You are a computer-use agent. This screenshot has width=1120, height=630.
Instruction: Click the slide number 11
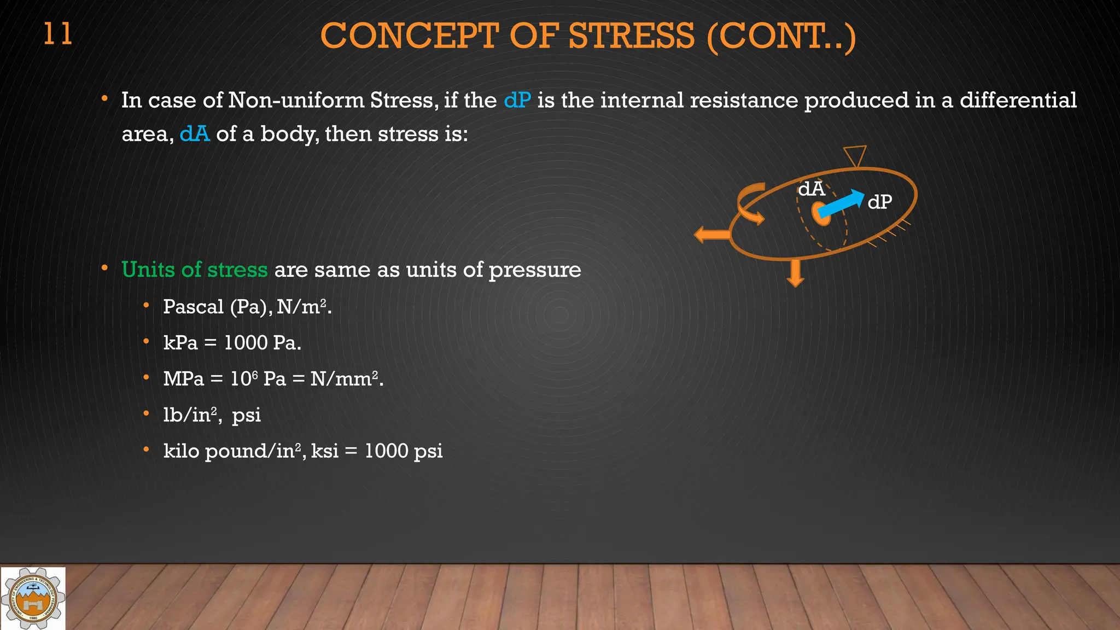(x=57, y=34)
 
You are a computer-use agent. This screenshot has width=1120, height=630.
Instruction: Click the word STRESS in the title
(x=632, y=36)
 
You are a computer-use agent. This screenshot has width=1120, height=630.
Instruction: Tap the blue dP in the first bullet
(x=517, y=101)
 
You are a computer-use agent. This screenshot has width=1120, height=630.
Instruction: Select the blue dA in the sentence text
(x=195, y=134)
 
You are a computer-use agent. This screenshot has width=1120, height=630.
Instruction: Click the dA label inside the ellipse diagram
(x=811, y=189)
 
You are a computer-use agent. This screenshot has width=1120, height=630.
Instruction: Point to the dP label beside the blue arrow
(x=880, y=202)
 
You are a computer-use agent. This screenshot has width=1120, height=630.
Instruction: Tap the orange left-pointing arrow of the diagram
(x=711, y=235)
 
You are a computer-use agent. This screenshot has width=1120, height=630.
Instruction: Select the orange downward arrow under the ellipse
(x=795, y=272)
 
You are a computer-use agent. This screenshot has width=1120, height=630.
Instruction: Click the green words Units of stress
(x=194, y=270)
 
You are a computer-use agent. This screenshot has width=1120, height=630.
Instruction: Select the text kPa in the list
(x=180, y=343)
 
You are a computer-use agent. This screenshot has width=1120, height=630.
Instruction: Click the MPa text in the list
(x=183, y=379)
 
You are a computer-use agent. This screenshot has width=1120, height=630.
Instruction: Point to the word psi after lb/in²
(x=246, y=416)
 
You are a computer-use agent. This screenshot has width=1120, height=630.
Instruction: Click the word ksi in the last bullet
(x=324, y=451)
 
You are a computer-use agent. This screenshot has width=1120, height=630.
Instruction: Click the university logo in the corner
(x=33, y=598)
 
